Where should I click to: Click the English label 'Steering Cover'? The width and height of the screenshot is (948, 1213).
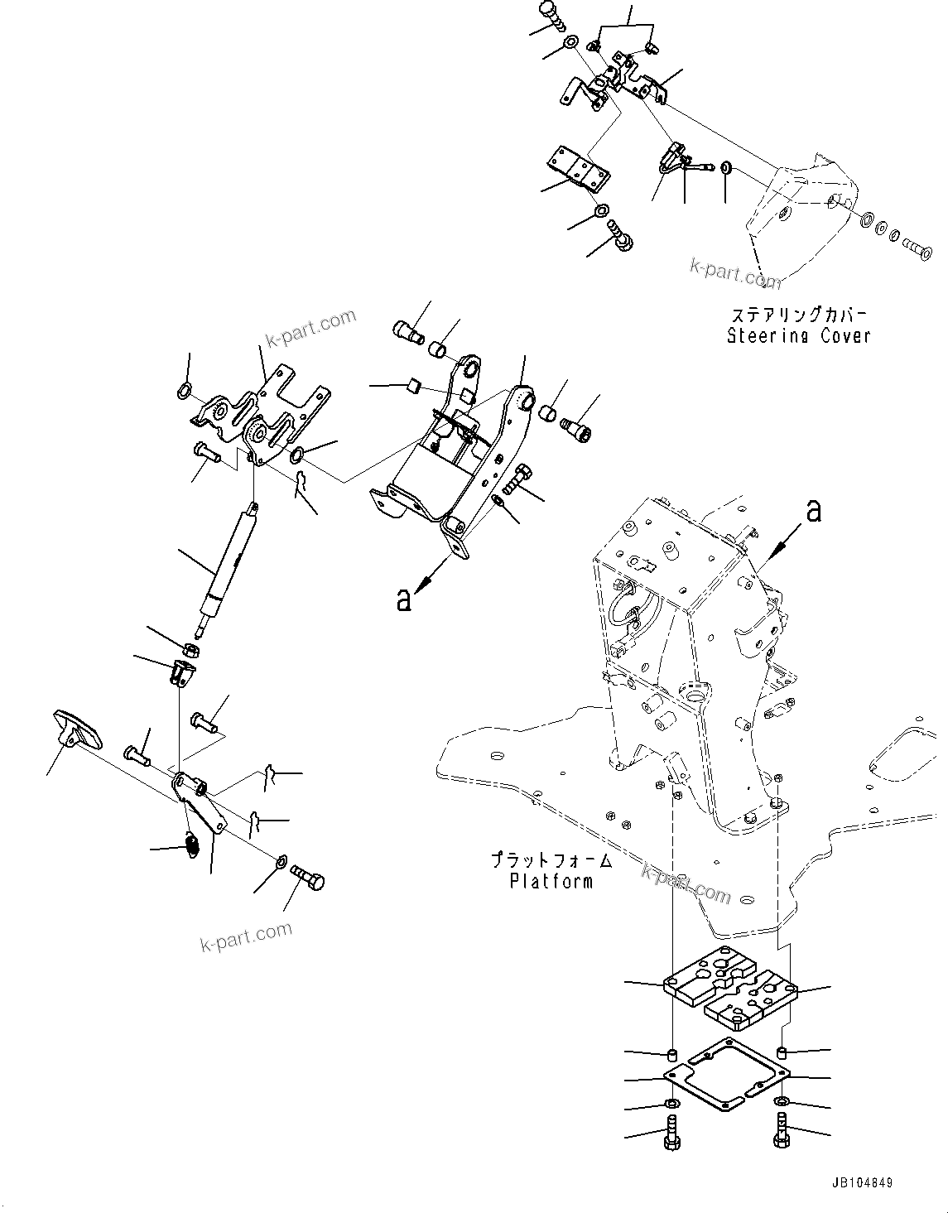pos(798,336)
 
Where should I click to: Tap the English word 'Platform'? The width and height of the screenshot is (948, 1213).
pos(551,881)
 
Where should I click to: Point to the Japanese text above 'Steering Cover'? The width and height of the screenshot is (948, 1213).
pos(798,315)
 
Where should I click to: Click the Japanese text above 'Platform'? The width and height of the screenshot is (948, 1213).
pos(551,861)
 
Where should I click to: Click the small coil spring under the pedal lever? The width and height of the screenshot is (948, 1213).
pos(190,845)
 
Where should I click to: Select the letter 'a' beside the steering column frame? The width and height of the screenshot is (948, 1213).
pos(814,511)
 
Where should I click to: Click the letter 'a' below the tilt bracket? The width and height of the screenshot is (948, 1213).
pos(403,599)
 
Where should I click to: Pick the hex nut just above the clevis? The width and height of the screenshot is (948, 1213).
pos(190,650)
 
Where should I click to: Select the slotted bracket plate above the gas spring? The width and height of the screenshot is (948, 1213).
pos(257,414)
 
